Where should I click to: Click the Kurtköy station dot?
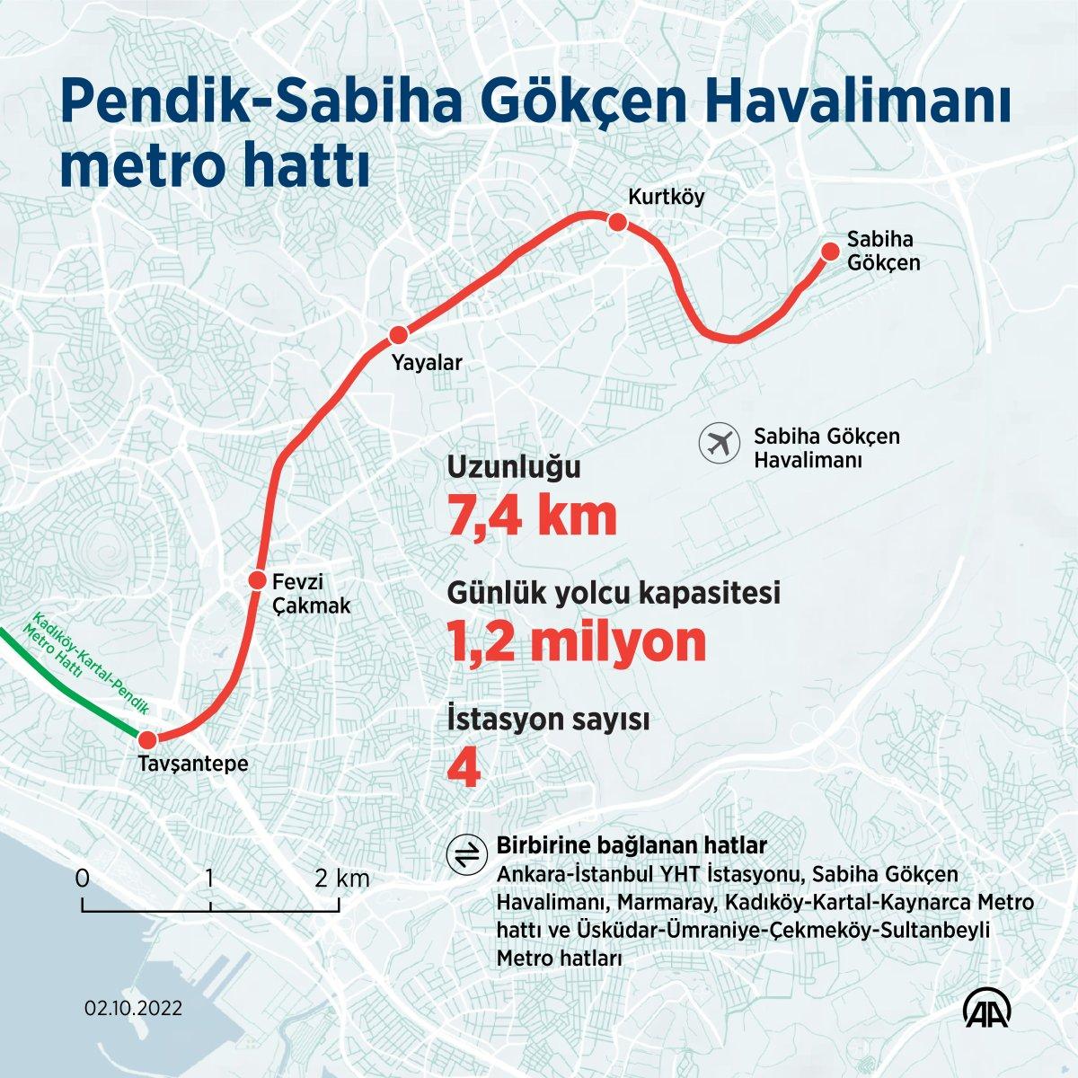(x=617, y=222)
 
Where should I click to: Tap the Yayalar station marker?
(x=397, y=336)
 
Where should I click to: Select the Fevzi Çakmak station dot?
(x=258, y=580)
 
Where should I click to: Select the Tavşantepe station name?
(x=192, y=764)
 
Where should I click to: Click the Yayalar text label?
(x=426, y=363)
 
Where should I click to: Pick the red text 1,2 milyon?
(x=576, y=641)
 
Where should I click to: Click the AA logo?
(x=989, y=1010)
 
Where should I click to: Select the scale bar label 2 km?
(x=342, y=878)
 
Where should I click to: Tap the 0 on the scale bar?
(x=83, y=878)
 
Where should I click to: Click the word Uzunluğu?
(x=515, y=469)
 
